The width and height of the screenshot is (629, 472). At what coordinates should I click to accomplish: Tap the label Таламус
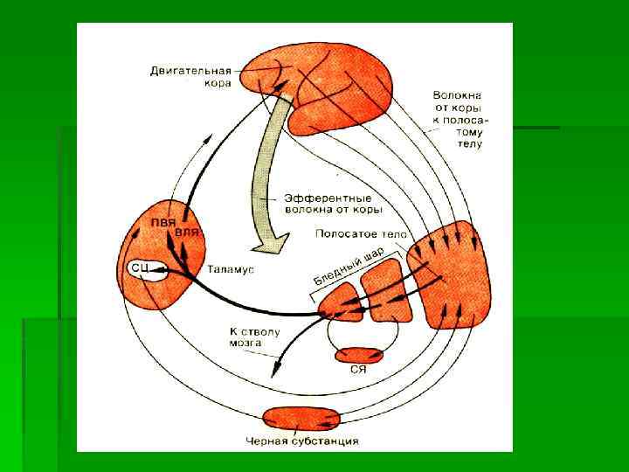coord(231,270)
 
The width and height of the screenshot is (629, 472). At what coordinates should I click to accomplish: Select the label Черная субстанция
coord(302,441)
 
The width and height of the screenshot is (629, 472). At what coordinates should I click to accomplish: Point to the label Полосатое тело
coord(356,234)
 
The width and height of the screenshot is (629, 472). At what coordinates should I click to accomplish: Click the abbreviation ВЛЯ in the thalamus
coord(189,233)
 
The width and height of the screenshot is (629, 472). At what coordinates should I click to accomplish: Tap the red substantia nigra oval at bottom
coord(301,419)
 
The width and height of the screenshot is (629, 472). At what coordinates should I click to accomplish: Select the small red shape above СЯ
coord(359,355)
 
